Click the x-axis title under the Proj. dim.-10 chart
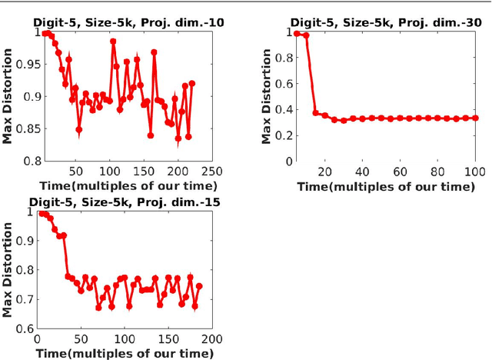tap(125, 185)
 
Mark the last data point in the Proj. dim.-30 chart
tap(474, 118)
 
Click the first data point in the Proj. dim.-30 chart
tap(297, 33)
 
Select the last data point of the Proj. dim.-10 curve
tap(191, 83)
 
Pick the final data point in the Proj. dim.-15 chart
tap(199, 286)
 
